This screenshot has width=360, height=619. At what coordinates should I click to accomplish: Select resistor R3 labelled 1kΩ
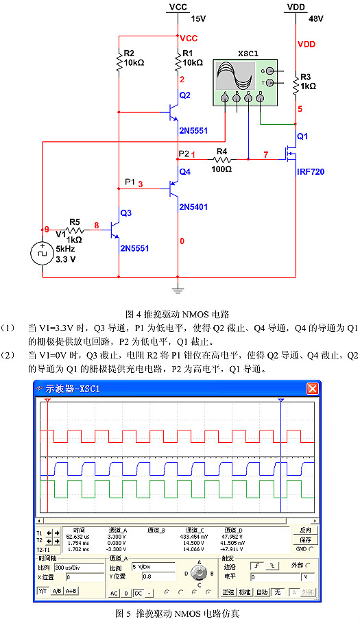(x=296, y=84)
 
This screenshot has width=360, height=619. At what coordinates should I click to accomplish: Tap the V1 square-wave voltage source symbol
(x=42, y=254)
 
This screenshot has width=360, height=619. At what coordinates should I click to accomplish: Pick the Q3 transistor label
(x=125, y=213)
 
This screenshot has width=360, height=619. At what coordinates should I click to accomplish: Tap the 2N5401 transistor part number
(x=193, y=206)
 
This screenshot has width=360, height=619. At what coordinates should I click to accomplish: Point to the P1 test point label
(x=130, y=182)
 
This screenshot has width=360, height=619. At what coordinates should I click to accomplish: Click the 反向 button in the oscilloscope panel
(x=305, y=530)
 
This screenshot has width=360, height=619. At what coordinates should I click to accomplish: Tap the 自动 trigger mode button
(x=263, y=592)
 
